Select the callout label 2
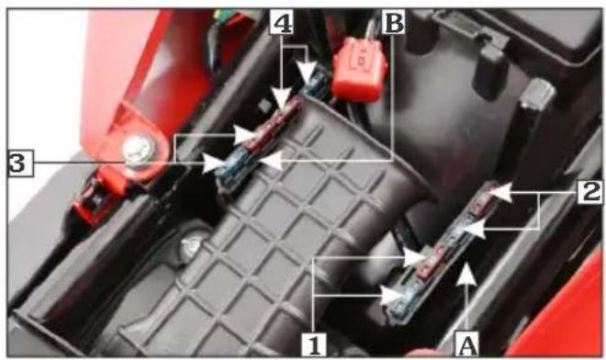[x=590, y=192]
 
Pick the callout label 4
[x=281, y=22]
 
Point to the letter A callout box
[x=467, y=343]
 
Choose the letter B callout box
[x=393, y=22]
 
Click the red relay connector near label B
[x=359, y=69]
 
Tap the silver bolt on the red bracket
[x=137, y=152]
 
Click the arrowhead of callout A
[x=466, y=274]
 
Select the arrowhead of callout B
[x=272, y=160]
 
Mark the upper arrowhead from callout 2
[x=501, y=192]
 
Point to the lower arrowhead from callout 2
[x=474, y=228]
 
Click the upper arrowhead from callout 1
[x=415, y=257]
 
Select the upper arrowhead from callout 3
[x=246, y=135]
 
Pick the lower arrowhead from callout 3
[x=215, y=163]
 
